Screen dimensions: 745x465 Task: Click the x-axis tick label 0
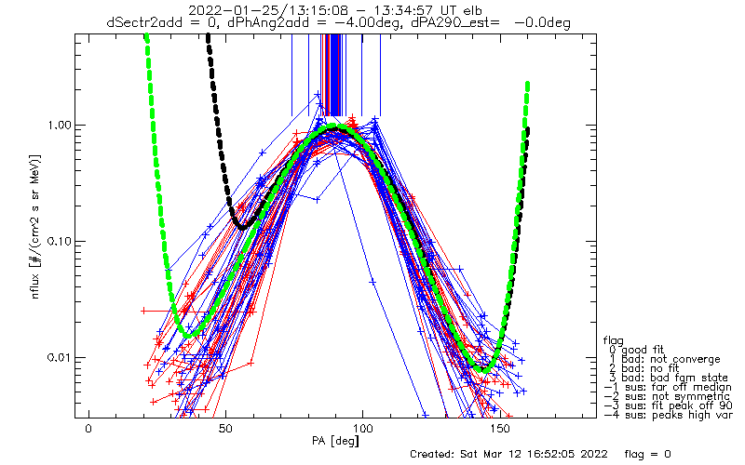88,429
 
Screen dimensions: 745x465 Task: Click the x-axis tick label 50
225,429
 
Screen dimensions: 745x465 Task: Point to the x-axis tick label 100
362,429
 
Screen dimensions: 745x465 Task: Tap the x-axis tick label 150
500,429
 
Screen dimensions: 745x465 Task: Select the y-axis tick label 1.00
58,126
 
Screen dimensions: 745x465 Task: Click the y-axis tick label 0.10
58,242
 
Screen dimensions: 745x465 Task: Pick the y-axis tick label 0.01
58,358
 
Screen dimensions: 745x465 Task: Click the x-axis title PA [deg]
335,441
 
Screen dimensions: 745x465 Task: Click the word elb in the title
472,10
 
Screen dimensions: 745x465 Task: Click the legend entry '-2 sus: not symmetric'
667,396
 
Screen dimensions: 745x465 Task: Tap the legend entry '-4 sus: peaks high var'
669,415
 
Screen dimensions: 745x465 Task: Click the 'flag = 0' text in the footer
647,454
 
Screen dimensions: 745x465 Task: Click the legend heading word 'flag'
614,340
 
